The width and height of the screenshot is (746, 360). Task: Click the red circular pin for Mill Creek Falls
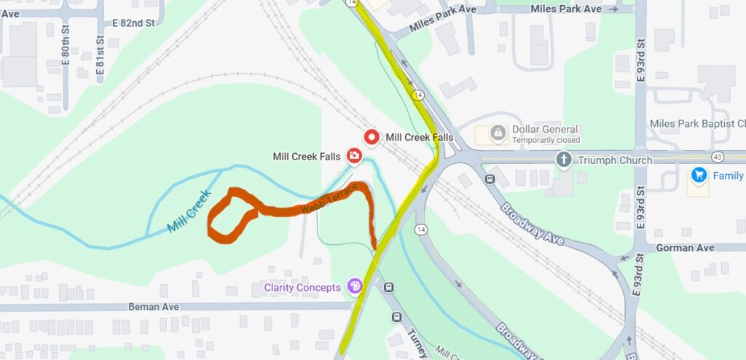click(x=372, y=136)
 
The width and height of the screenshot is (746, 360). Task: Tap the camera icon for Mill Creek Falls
click(x=354, y=155)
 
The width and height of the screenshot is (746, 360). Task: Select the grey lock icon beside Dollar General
click(x=498, y=133)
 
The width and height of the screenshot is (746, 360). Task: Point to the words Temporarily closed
click(x=546, y=140)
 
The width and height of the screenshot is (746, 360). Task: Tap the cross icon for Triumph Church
click(x=564, y=160)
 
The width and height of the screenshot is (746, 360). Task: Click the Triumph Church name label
click(x=607, y=160)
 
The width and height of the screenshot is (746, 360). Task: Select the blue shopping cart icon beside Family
click(x=699, y=175)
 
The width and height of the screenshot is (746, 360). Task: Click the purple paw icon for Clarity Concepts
click(x=355, y=286)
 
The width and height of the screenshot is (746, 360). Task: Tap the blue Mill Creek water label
click(x=188, y=211)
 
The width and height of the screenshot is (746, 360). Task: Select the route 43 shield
click(x=718, y=157)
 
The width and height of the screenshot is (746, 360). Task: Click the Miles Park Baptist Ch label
click(x=697, y=122)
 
